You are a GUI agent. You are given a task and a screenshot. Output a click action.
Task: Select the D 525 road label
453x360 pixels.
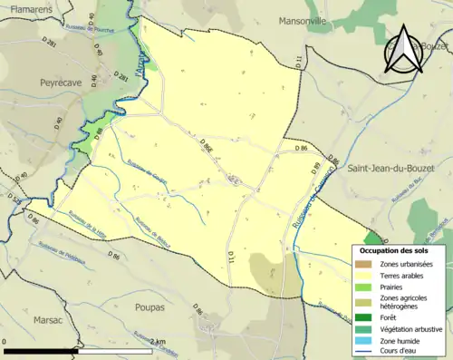(x=15, y=201)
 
